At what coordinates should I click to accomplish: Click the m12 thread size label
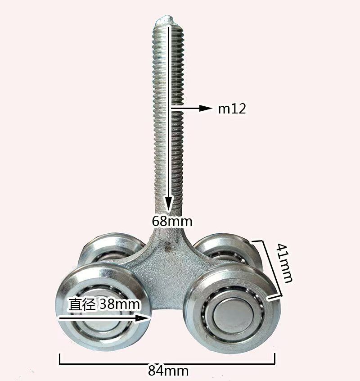[232, 109]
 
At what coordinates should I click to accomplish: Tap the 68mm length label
[172, 222]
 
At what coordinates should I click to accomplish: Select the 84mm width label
[168, 371]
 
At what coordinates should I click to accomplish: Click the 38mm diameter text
[120, 304]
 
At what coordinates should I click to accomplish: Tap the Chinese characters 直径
[81, 304]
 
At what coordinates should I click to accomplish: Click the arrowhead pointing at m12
[205, 108]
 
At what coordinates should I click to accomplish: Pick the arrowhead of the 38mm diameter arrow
[142, 318]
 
